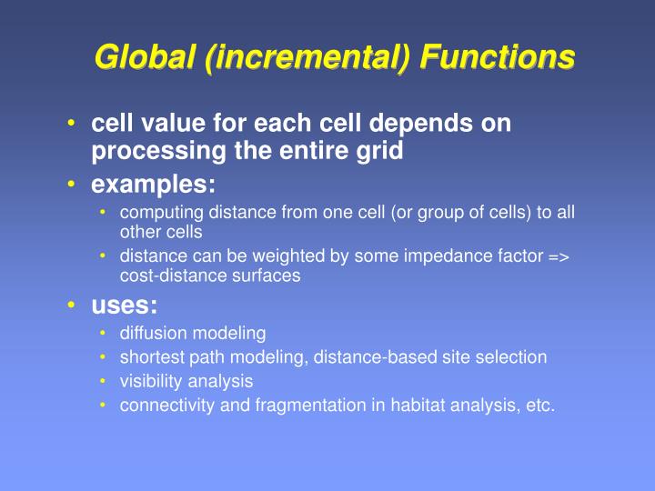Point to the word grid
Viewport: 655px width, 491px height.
(379, 150)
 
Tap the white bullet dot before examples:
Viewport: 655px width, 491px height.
(71, 185)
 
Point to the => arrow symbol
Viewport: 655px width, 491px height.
(558, 257)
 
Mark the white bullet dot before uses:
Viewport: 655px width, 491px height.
(71, 307)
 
